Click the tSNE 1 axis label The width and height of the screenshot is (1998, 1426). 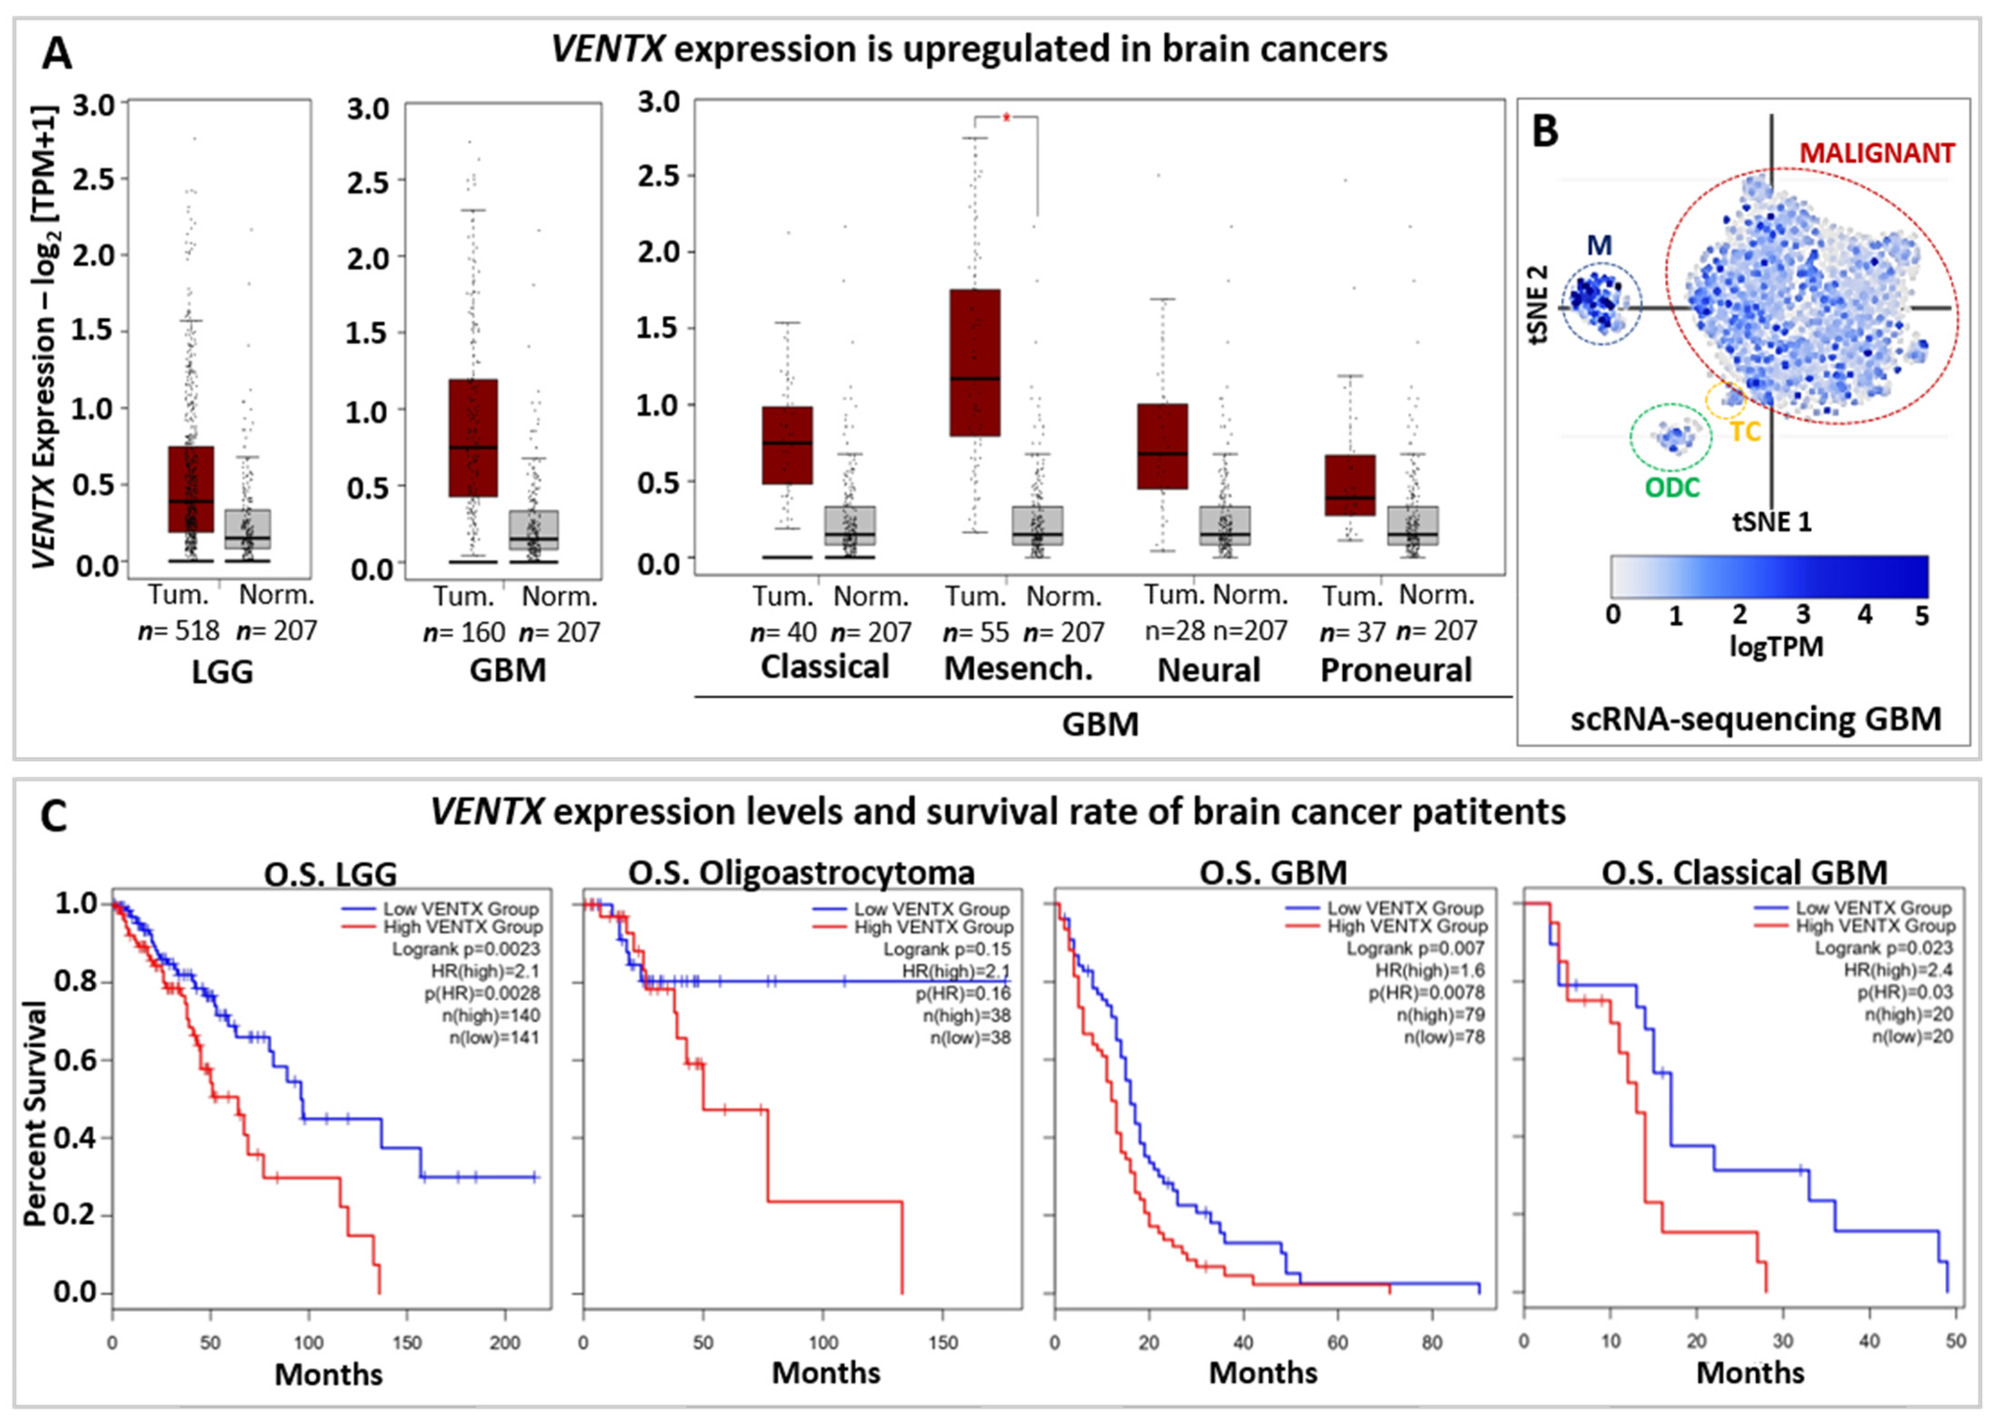1771,522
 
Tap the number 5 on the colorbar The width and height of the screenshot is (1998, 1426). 1922,615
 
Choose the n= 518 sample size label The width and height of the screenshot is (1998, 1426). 179,631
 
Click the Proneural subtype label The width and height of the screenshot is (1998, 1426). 1396,670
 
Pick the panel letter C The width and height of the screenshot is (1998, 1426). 54,816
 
